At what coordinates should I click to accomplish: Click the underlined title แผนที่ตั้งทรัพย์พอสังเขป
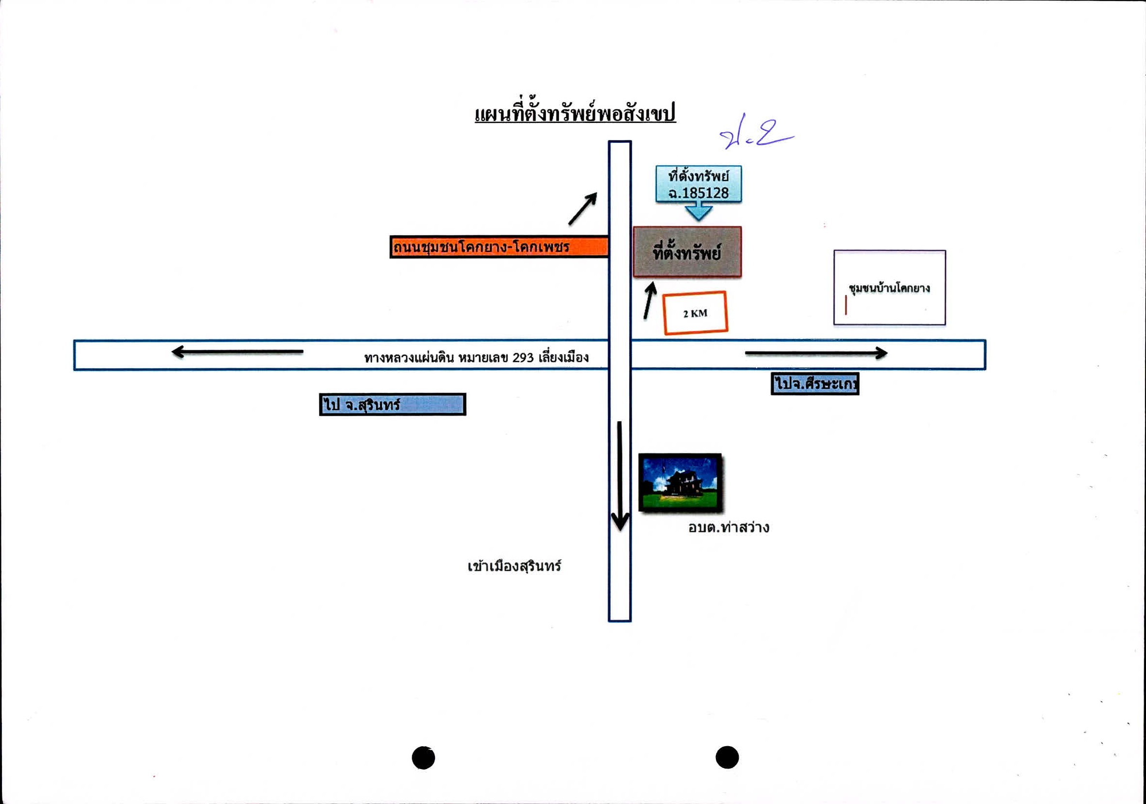point(575,114)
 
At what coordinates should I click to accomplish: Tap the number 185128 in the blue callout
point(705,193)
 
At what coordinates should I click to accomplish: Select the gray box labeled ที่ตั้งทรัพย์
point(687,252)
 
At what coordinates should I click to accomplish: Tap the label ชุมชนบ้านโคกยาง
point(889,288)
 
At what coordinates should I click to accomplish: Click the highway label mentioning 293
point(476,358)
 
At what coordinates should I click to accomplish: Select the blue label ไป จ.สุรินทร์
point(392,404)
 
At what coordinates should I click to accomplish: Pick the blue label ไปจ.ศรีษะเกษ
point(815,384)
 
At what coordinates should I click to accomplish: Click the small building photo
point(680,482)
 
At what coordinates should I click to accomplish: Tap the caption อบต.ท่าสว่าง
point(729,527)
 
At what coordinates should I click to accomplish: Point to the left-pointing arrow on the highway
point(237,352)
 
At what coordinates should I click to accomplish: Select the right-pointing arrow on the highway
point(816,353)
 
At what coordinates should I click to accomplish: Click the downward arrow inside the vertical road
point(620,476)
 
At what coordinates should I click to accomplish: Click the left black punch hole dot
point(423,757)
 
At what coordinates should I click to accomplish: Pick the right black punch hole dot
point(727,757)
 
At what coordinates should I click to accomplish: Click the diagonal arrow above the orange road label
point(583,208)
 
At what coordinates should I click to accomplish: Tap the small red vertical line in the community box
point(846,305)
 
